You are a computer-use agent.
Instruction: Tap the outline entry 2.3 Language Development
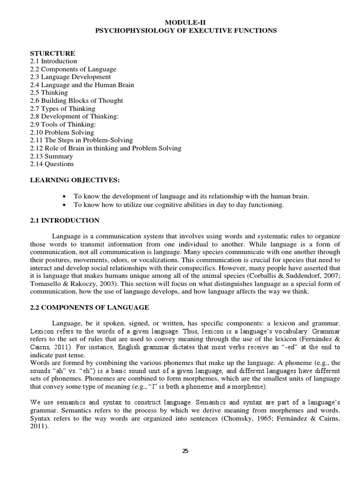(x=70, y=77)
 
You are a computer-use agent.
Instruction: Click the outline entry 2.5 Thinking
(x=49, y=92)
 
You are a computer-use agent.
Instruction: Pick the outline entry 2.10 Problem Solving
(x=62, y=132)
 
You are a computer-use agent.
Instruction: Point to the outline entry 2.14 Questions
(x=52, y=164)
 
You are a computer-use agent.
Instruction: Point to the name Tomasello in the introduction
(x=46, y=283)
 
